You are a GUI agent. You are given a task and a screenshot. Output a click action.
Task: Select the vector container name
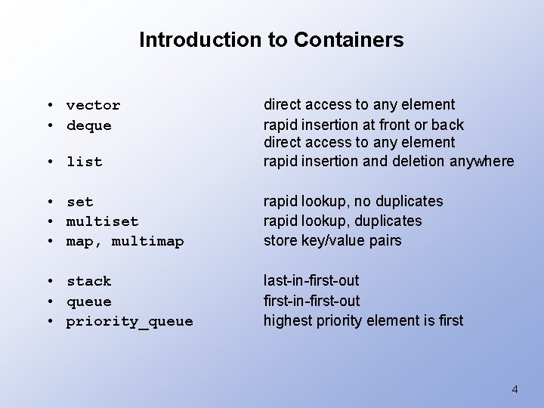point(93,105)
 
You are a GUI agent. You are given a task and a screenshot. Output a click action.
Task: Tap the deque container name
point(88,125)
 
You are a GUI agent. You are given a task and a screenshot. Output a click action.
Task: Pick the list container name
point(84,162)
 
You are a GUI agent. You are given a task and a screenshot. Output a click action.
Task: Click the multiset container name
point(102,221)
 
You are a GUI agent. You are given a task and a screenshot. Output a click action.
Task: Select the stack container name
point(88,281)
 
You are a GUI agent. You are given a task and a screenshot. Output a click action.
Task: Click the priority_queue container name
point(129,321)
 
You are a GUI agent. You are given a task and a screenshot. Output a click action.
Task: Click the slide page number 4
point(515,389)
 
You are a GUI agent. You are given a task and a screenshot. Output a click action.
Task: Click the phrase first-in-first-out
point(311,300)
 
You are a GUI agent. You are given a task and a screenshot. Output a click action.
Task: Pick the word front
point(393,124)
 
